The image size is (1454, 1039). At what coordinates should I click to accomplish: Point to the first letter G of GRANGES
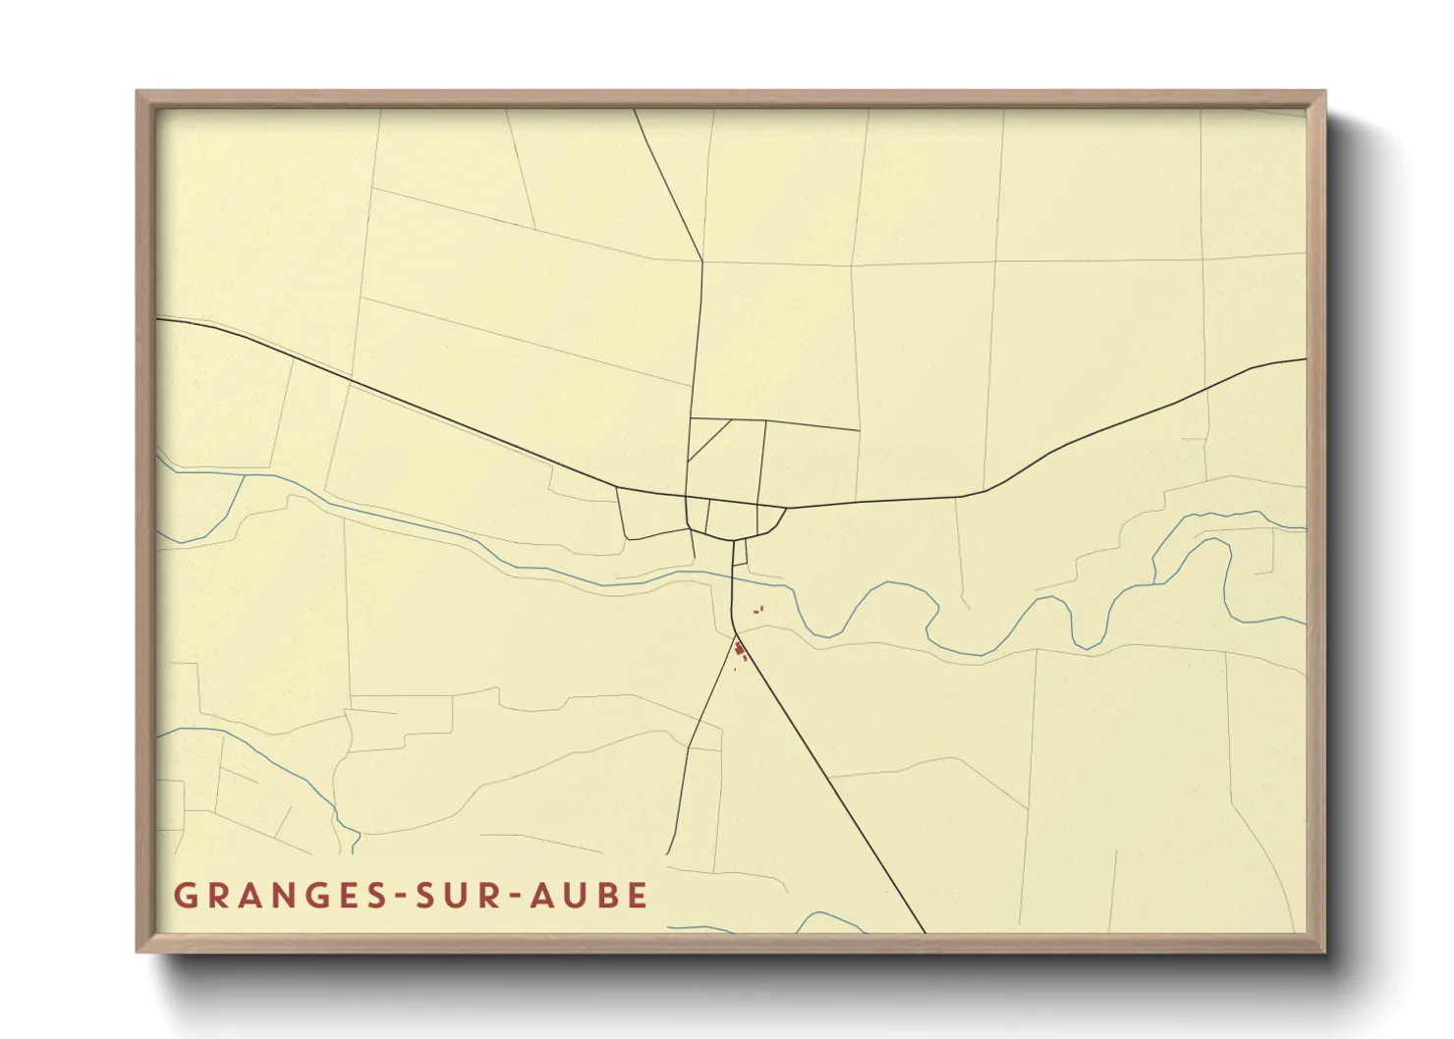pos(184,896)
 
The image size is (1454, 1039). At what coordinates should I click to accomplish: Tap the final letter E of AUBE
pos(639,896)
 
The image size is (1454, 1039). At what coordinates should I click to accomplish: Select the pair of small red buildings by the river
pos(757,611)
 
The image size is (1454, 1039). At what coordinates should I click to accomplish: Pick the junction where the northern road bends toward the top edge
pos(702,261)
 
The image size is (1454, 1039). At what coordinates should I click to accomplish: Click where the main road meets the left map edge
pos(158,319)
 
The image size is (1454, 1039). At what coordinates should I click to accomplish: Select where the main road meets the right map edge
pos(1305,359)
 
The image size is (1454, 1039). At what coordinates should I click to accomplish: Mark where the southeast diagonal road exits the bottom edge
pos(924,932)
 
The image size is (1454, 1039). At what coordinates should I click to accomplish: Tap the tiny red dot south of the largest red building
pos(735,670)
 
